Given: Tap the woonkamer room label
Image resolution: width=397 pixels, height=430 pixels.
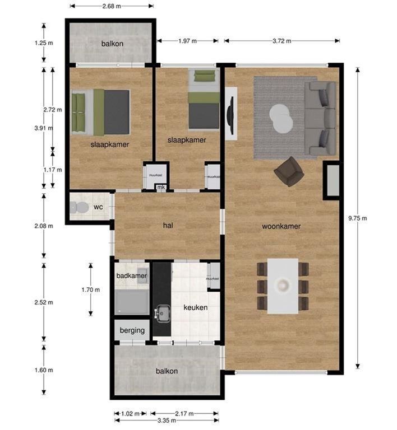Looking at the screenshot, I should (281, 227).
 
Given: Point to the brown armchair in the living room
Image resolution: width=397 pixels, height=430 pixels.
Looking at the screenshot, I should (289, 171).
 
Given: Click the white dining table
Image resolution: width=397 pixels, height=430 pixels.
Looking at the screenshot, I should (283, 286).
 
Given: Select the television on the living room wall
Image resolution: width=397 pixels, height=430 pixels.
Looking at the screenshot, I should (230, 115).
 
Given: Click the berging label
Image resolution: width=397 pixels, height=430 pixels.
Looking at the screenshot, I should (132, 330).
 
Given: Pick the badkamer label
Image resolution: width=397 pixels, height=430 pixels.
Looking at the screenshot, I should (131, 276).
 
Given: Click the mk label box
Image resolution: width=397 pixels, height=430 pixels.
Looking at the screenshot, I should (161, 187).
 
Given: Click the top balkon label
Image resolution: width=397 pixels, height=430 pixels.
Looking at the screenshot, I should (112, 44).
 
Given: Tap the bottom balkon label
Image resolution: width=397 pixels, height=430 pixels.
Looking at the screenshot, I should (167, 371).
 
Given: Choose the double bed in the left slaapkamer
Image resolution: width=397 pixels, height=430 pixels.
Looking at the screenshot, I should (102, 112).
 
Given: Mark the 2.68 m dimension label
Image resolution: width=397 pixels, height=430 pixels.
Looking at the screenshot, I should (111, 6).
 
